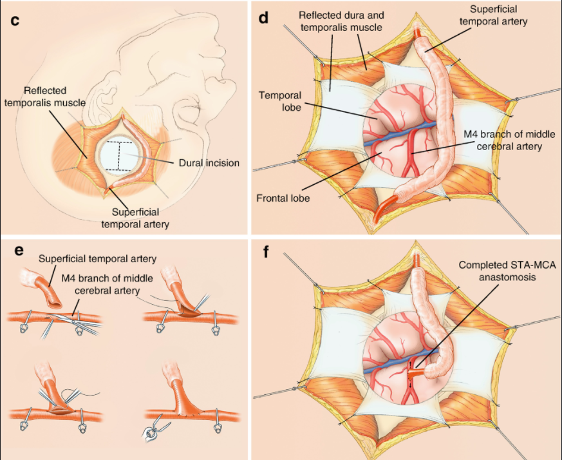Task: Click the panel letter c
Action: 15,19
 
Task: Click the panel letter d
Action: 263,17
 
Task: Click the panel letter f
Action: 263,249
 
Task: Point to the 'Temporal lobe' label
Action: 276,101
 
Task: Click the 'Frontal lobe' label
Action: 283,198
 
